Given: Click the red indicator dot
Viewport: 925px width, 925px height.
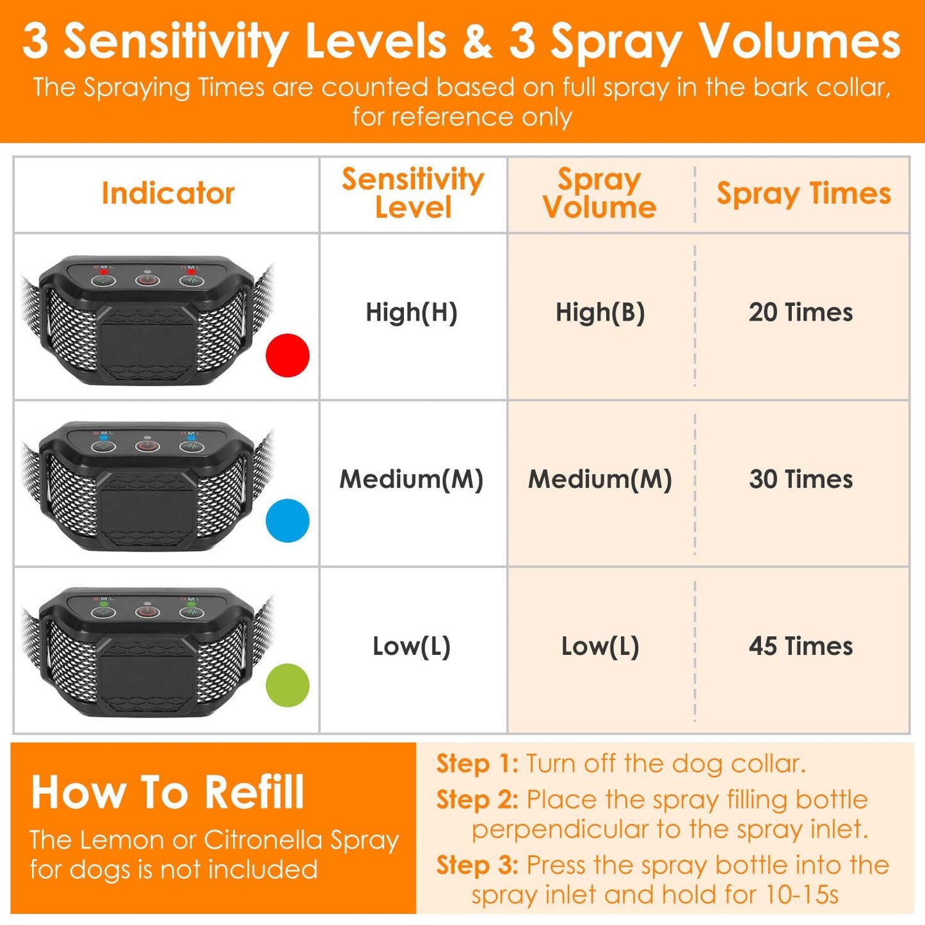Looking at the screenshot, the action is tap(287, 355).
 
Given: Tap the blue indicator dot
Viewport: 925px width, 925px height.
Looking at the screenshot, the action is tap(287, 521).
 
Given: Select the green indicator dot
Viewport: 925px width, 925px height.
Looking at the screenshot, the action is tap(287, 686).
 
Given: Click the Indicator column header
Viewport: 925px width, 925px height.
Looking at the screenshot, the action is tap(168, 193).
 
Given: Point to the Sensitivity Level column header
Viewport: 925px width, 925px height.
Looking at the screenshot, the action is tap(413, 193).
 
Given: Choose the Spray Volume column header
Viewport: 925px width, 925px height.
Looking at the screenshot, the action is tap(600, 193).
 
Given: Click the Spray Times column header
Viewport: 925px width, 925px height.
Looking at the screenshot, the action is tap(803, 194).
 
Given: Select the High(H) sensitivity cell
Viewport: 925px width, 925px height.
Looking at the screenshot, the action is tap(412, 312).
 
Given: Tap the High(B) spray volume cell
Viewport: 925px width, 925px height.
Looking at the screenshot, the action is tap(600, 312).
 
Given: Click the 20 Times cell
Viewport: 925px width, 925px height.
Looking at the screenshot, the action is tap(801, 312).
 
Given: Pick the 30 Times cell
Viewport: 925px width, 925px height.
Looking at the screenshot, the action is tap(801, 479).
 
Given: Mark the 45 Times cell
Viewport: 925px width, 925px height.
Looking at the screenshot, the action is tap(801, 646).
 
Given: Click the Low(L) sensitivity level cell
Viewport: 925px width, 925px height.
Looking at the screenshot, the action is tap(412, 646).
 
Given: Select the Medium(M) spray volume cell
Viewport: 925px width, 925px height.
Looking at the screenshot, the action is tap(600, 479).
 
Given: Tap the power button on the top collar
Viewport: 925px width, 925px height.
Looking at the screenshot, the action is tap(147, 280).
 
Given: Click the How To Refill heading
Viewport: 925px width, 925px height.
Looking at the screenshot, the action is tap(168, 792).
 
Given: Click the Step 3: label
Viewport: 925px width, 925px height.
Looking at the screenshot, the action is tap(477, 865).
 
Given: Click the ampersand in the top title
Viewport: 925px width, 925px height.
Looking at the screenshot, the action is tap(478, 41).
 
